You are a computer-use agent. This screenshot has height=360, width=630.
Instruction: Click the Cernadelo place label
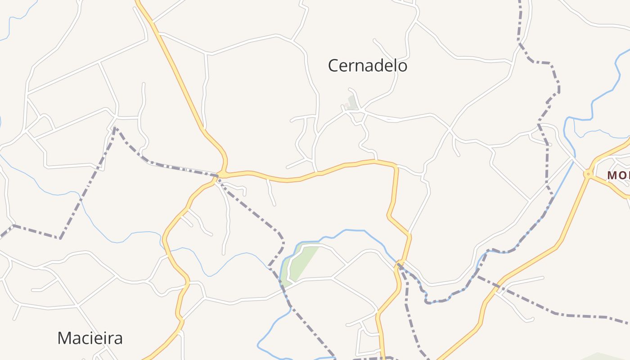pos(367,66)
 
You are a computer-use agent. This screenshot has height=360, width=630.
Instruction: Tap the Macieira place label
pos(90,337)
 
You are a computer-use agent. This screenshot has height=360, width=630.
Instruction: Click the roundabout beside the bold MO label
pos(587,174)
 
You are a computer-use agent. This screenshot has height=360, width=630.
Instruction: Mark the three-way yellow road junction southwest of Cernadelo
pos(222,174)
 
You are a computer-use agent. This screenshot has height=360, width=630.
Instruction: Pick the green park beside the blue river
pos(301,264)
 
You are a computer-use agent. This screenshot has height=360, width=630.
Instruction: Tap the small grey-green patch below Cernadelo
pos(352,103)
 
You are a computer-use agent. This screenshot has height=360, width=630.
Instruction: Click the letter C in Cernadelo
pos(333,66)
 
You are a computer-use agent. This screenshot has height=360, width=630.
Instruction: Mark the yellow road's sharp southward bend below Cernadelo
pos(396,167)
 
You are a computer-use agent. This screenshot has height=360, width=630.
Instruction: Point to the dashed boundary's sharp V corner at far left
pos(60,238)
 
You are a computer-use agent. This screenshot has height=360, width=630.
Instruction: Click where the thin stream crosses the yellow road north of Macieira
pos(166,252)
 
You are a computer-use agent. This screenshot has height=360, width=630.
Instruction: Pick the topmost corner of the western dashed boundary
pos(115,128)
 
